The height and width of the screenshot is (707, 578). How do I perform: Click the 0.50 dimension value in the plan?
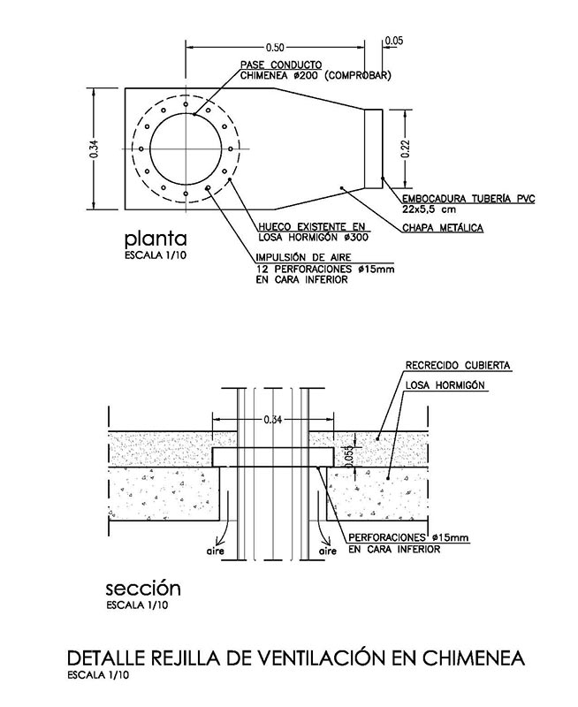[x=275, y=47]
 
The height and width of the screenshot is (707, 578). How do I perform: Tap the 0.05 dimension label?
[x=393, y=41]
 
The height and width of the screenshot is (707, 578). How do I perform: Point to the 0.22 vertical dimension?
[x=406, y=148]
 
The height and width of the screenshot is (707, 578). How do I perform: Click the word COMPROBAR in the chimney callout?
[x=358, y=75]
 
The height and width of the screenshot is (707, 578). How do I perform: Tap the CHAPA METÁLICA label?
[x=443, y=228]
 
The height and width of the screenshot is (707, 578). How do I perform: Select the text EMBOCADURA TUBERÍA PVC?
[x=468, y=198]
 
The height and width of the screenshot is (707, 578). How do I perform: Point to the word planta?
[x=156, y=239]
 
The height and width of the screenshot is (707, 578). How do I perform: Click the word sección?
[x=143, y=589]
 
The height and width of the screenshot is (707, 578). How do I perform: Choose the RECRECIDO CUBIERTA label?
[x=458, y=365]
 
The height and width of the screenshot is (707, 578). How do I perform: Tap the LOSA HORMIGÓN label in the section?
[x=445, y=385]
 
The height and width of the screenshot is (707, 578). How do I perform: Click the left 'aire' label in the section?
[x=216, y=551]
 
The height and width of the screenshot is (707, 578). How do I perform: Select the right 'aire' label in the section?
[x=327, y=551]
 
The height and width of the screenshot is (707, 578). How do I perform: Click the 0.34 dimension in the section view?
[x=273, y=420]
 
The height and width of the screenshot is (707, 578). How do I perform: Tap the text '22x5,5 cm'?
[x=429, y=209]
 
